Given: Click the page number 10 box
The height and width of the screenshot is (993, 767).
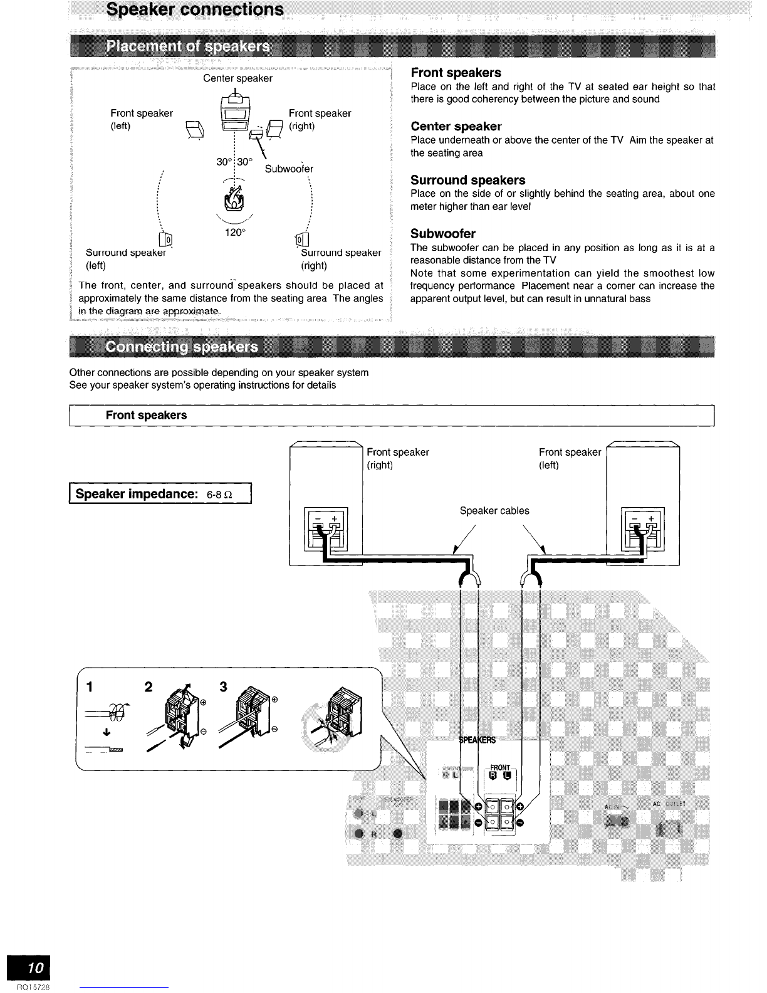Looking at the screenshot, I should coord(28,968).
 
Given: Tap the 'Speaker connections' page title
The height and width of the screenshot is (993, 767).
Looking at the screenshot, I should coord(195,10).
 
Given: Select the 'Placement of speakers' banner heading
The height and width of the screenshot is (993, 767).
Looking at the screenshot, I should coord(189,47).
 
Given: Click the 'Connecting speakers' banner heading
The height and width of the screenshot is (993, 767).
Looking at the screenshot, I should coord(182,347).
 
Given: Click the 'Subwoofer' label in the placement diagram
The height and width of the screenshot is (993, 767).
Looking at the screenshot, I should coord(289,169).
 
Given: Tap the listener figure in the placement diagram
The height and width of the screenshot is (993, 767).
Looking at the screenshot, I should coord(235,197).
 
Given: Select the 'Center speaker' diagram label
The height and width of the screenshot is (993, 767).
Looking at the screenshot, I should coord(237,78).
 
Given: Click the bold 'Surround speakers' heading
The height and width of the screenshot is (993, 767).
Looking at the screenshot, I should coord(467,181).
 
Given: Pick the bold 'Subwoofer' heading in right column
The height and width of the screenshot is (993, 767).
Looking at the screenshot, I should coord(442,234).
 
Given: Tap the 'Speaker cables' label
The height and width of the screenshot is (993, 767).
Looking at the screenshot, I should coord(494,510).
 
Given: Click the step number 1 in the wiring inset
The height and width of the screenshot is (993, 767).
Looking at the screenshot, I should coord(90,687).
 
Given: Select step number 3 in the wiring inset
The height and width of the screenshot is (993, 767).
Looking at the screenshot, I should coord(224,686).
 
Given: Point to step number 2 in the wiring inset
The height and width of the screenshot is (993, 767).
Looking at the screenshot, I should coord(148,686).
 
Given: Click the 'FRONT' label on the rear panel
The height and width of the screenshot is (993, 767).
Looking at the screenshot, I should coord(500,767).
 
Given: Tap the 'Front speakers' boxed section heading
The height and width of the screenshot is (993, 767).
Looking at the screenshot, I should coord(146,415).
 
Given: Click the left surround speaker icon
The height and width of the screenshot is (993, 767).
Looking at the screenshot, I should coord(166,239).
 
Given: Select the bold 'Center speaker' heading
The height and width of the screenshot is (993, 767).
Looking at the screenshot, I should coord(456,127).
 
